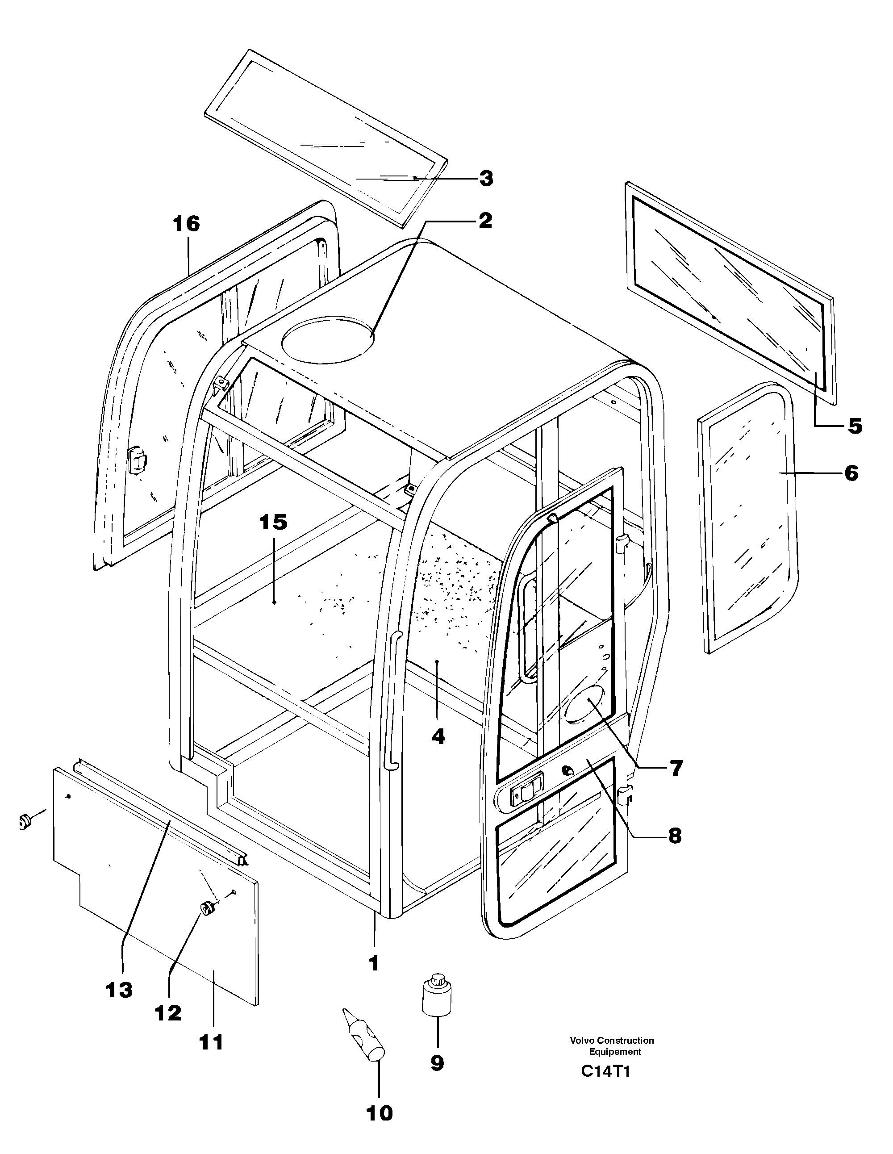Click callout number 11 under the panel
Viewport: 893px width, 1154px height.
pyautogui.click(x=211, y=1042)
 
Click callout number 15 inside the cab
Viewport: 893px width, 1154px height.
pyautogui.click(x=273, y=522)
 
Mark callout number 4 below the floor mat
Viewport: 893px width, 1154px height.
pyautogui.click(x=438, y=736)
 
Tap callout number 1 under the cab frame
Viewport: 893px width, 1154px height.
pyautogui.click(x=374, y=964)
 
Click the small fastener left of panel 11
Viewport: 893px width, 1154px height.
pyautogui.click(x=24, y=822)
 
